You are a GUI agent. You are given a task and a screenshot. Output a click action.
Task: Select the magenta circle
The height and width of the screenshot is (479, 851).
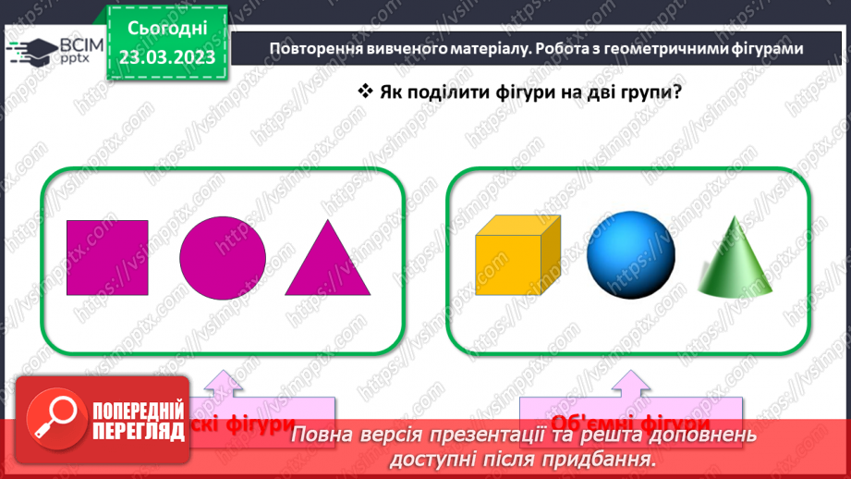222,258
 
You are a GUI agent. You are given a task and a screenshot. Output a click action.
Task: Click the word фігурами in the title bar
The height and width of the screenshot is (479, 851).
763,49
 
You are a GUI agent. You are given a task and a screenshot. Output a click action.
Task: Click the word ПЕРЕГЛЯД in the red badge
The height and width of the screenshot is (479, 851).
138,430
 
